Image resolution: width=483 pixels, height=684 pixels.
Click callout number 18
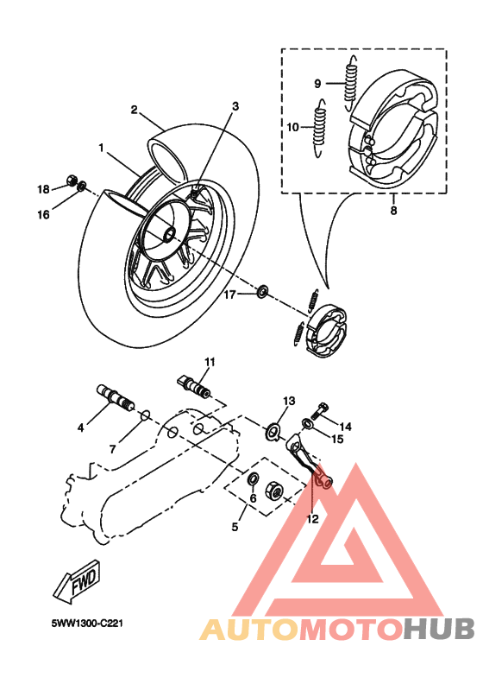[x=43, y=189]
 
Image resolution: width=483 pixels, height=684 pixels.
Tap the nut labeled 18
[x=70, y=182]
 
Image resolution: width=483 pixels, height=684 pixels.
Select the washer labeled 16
[x=82, y=187]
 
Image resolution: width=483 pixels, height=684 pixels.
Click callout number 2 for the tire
[x=135, y=110]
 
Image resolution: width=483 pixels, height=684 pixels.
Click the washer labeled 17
[x=261, y=291]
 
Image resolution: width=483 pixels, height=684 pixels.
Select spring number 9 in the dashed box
[x=352, y=77]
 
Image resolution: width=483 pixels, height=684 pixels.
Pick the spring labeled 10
[x=321, y=127]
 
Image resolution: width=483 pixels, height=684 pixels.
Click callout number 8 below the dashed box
[x=393, y=209]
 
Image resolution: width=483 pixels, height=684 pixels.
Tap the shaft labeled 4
[x=116, y=396]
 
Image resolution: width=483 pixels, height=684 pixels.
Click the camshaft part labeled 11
[x=198, y=381]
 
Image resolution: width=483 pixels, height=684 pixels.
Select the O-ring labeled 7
[x=145, y=416]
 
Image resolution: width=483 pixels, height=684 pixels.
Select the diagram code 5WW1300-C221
[x=85, y=621]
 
